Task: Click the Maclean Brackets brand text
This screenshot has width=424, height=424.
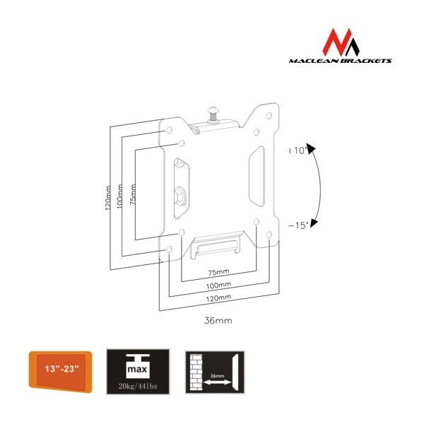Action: pyautogui.click(x=341, y=61)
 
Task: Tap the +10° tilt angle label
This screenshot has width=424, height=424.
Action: pyautogui.click(x=297, y=151)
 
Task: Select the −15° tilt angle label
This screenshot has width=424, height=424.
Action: pyautogui.click(x=297, y=224)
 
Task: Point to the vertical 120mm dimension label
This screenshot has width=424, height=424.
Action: pyautogui.click(x=107, y=197)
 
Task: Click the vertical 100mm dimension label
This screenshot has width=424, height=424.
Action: pyautogui.click(x=120, y=196)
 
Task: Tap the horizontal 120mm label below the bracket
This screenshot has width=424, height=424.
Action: pyautogui.click(x=218, y=298)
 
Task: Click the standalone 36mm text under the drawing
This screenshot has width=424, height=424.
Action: pyautogui.click(x=218, y=320)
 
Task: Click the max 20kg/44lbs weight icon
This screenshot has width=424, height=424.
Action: pyautogui.click(x=138, y=367)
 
